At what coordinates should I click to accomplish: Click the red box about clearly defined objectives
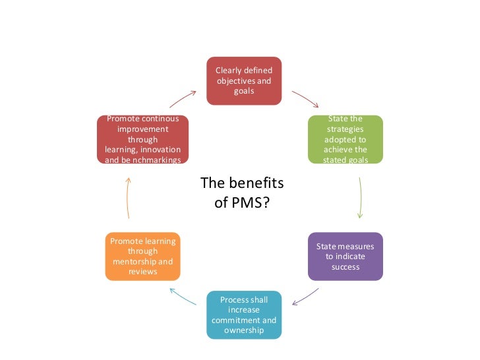coord(244,80)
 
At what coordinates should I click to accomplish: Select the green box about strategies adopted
coord(345,140)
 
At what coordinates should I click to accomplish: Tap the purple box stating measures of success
coord(345,256)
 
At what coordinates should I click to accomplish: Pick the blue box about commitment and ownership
coord(244,315)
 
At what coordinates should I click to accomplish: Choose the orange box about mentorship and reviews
coord(142,256)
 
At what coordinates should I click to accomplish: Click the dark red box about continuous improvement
coord(142,140)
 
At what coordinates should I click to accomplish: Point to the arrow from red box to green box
coord(305,99)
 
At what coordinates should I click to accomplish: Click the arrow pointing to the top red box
coord(183,99)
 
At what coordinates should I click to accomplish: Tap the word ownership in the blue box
coord(244,330)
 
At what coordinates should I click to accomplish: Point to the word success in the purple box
coord(345,267)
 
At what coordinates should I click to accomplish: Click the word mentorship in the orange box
coord(131,262)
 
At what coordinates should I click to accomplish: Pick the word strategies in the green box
coord(345,130)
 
